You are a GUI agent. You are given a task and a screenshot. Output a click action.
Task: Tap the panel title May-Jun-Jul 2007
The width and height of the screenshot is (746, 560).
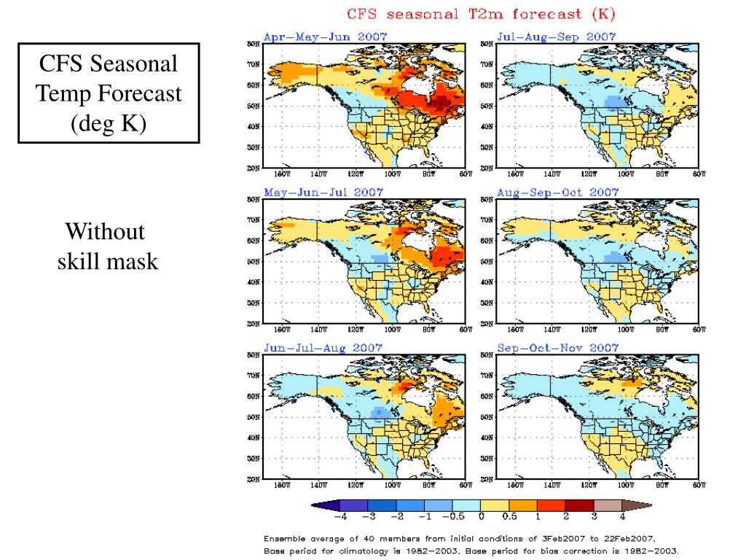tap(323, 192)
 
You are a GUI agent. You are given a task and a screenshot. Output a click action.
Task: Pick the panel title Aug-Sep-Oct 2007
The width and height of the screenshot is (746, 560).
tap(557, 192)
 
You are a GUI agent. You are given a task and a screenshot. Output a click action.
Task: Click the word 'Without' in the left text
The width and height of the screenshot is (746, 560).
tap(105, 233)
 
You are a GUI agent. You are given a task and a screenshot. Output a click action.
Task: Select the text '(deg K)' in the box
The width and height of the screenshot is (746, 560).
tap(109, 124)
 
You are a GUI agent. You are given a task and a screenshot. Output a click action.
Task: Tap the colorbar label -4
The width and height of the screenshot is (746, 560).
tap(339, 517)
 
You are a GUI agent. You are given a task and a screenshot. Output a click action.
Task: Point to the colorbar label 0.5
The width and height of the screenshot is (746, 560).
tap(509, 517)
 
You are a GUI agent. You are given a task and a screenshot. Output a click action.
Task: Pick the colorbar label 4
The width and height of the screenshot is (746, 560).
tap(622, 517)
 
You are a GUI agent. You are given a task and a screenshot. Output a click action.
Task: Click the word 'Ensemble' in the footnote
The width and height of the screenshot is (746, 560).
tap(286, 538)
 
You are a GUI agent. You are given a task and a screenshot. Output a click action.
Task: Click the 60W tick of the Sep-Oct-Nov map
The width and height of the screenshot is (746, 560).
tap(700, 484)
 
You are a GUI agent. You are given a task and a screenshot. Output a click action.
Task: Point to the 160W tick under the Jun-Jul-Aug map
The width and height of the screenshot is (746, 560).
tap(281, 484)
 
